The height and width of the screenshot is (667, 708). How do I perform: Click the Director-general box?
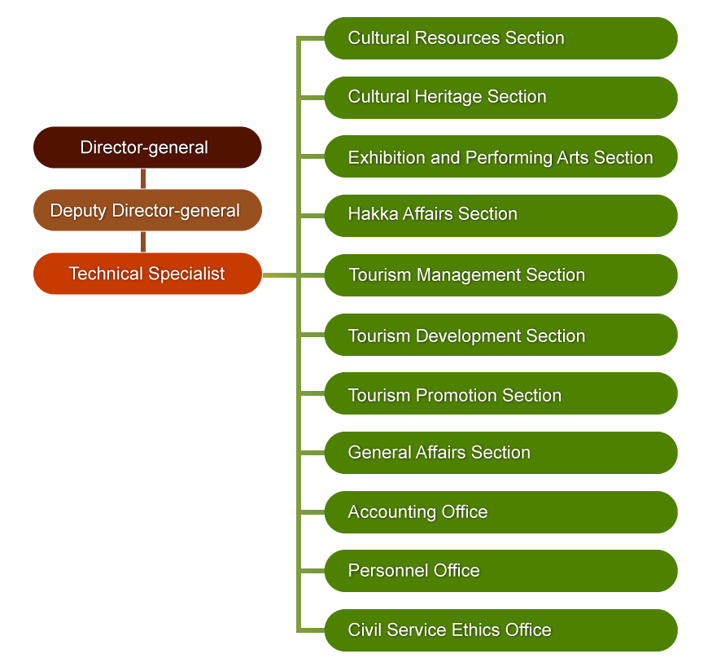(147, 147)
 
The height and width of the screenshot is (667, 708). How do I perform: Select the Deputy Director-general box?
(147, 210)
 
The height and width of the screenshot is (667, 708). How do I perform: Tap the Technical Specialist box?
(147, 274)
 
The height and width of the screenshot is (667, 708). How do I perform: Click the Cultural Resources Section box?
(500, 38)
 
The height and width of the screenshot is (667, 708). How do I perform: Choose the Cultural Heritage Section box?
(500, 97)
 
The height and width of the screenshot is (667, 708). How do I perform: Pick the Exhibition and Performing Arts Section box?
(500, 157)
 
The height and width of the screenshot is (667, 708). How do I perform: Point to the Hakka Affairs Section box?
(500, 215)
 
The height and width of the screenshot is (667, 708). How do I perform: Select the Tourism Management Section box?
(500, 275)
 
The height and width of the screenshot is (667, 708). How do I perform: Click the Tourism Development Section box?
(500, 335)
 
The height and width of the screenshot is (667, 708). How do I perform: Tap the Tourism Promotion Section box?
(500, 394)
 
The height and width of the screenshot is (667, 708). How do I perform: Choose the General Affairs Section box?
(500, 453)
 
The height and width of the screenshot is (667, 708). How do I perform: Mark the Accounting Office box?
(500, 512)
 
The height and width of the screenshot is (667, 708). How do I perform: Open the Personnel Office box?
(500, 571)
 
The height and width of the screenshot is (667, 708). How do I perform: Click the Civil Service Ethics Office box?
(500, 630)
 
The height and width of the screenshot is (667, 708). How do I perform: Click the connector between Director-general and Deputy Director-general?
(143, 178)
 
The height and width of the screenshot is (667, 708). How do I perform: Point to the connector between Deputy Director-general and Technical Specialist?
(143, 242)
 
